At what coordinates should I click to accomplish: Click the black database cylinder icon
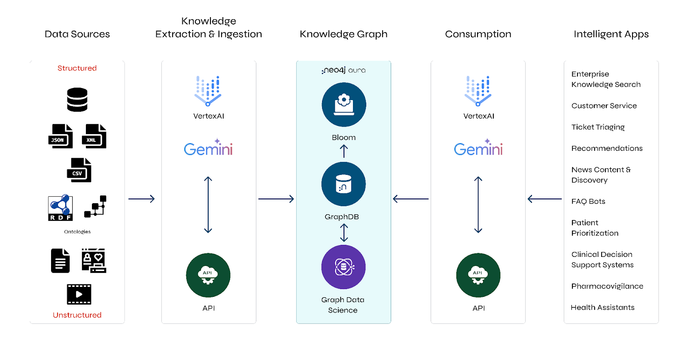pos(77,99)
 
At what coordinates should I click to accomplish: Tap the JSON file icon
pos(61,136)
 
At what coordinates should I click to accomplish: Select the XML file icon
pos(94,136)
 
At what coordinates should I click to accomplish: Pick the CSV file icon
pos(79,170)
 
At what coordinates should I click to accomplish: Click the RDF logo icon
pos(60,207)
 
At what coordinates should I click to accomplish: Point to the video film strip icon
pos(79,294)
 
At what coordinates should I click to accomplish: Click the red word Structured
pos(77,68)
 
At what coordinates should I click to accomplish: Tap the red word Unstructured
pos(77,315)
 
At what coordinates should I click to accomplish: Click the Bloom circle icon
pos(344,105)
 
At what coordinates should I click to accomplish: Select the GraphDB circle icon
pos(343,184)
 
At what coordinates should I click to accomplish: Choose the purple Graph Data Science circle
pos(343,267)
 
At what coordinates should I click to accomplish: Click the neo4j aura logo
pos(343,70)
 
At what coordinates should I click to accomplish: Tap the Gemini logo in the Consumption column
pos(478,147)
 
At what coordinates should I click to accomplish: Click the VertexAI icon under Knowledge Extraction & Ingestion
pos(208,91)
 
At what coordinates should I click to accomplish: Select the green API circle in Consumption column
pos(478,275)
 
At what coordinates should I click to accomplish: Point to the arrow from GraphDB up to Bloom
pos(344,151)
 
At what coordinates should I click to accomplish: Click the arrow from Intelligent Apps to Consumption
pos(545,199)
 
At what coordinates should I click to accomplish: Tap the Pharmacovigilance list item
pos(607,287)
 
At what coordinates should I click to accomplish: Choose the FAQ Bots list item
pos(588,201)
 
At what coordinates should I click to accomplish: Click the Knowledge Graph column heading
pos(343,34)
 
